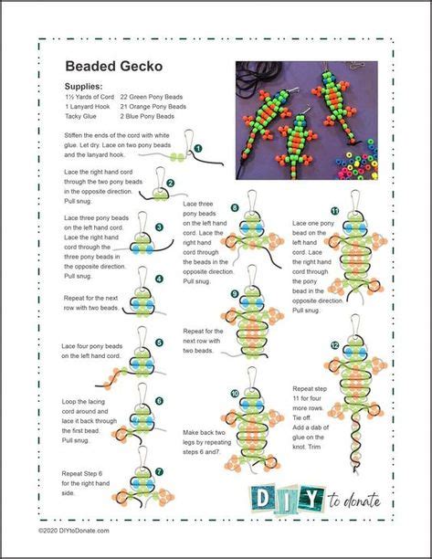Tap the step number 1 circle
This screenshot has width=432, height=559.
click(x=197, y=146)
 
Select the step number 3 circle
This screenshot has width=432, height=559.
click(x=159, y=227)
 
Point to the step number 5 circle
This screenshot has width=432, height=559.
click(x=159, y=343)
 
